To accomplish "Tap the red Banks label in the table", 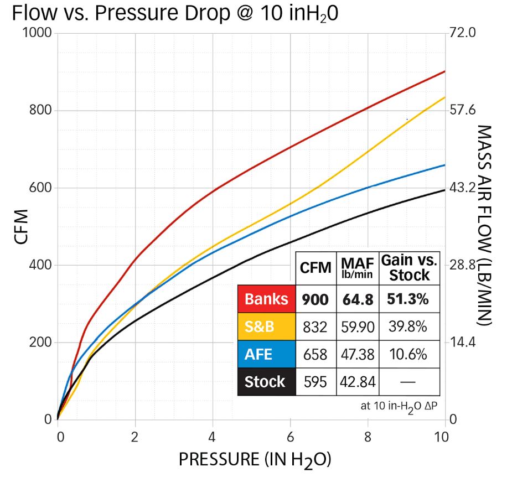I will [x=267, y=299].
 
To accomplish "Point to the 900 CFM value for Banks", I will [x=315, y=299].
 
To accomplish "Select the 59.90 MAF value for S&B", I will [x=357, y=326].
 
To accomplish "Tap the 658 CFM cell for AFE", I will [x=315, y=354].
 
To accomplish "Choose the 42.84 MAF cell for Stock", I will [x=357, y=381].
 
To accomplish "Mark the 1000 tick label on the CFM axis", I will [x=38, y=33].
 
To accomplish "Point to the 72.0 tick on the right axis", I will [x=465, y=33].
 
